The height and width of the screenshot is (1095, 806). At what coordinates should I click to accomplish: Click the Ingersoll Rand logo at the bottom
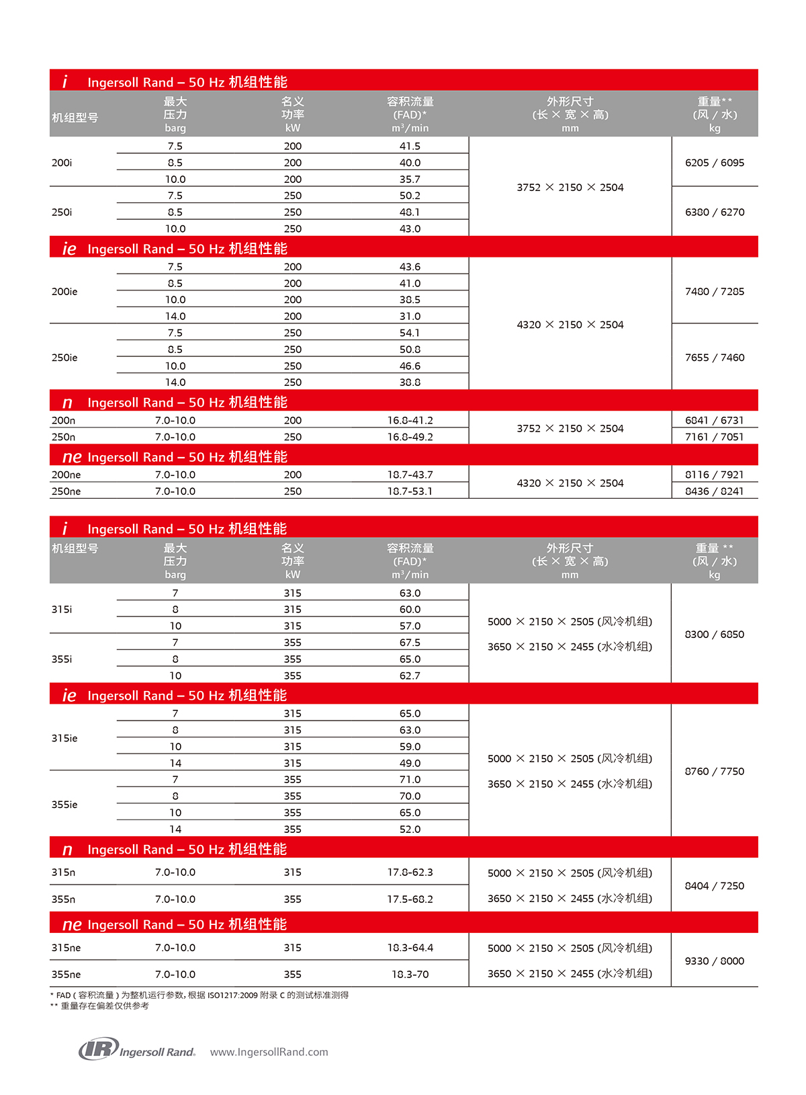[137, 1049]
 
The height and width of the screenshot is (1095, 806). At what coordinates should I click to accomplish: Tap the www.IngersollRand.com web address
[269, 1052]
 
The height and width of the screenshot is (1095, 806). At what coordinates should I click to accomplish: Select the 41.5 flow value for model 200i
[410, 146]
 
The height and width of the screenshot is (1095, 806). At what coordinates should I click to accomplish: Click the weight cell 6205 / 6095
[715, 163]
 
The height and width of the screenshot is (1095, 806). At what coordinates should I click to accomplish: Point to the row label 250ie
[64, 358]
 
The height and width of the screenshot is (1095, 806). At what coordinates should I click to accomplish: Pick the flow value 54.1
[410, 333]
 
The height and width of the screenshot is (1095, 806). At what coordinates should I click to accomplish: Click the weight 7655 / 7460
[715, 358]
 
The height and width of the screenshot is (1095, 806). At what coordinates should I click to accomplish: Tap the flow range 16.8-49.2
[410, 437]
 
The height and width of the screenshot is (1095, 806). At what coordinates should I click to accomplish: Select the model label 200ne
[66, 475]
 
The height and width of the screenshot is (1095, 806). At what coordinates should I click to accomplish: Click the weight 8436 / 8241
[715, 491]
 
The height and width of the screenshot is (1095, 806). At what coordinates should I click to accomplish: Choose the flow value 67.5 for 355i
[410, 643]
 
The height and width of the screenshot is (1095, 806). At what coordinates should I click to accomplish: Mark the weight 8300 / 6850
[715, 635]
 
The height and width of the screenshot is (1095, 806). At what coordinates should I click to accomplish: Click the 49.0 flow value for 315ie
[410, 763]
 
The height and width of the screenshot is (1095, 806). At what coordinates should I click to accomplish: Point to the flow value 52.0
[410, 829]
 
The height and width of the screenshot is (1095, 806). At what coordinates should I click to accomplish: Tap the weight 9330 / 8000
[715, 961]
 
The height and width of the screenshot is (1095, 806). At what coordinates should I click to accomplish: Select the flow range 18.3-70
[410, 974]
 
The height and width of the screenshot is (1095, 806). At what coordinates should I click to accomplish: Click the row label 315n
[63, 873]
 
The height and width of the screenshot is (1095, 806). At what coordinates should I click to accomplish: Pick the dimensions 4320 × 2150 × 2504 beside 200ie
[570, 325]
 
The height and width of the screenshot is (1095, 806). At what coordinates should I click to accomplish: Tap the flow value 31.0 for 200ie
[410, 316]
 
